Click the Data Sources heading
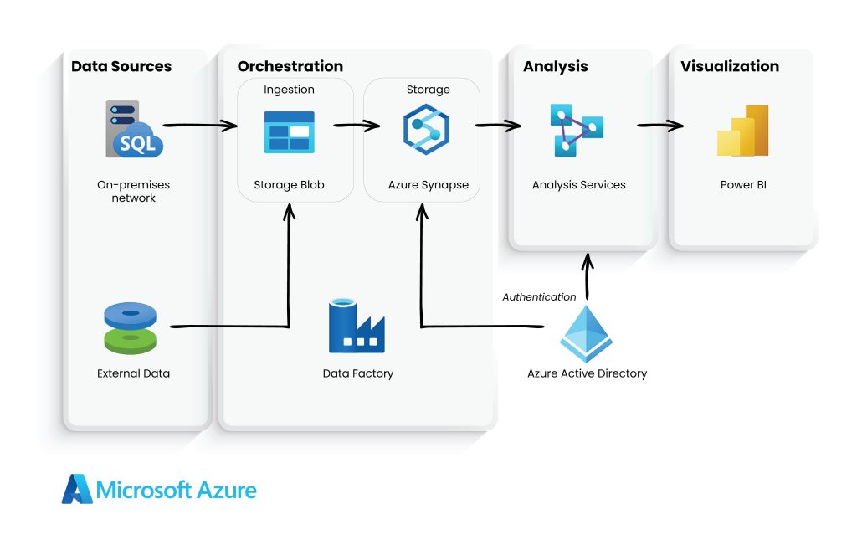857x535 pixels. click(121, 67)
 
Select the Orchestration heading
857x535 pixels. click(290, 67)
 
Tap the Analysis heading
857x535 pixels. click(555, 67)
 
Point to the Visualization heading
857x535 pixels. click(729, 67)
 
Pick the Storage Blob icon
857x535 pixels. click(289, 132)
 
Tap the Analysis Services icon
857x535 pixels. click(577, 131)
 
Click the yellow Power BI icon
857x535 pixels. click(742, 131)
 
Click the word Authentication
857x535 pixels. click(539, 297)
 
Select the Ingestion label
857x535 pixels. click(289, 90)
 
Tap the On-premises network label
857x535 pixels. click(133, 192)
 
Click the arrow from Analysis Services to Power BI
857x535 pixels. click(659, 126)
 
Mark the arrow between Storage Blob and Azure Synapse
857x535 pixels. click(357, 126)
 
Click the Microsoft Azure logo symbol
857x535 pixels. click(77, 489)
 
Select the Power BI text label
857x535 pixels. click(742, 185)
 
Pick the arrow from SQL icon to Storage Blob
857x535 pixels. click(200, 126)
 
